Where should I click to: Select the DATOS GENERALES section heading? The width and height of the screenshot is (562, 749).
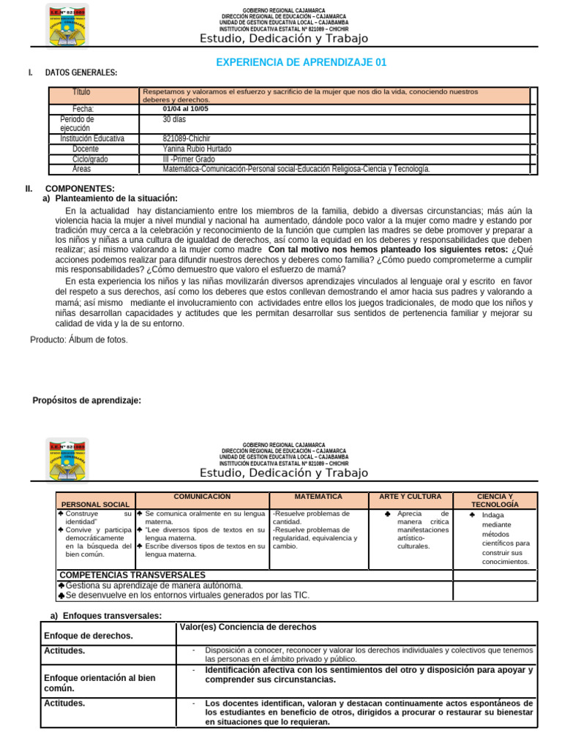click(81, 72)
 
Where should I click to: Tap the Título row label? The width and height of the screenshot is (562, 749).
click(82, 92)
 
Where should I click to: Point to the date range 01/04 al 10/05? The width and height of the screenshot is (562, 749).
click(185, 109)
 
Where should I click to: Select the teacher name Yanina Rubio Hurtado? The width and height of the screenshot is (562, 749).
click(197, 148)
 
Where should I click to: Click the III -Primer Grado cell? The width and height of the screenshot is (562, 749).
click(189, 159)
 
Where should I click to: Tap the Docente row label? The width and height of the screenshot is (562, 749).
click(86, 148)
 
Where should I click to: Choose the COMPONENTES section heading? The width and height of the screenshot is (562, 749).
click(80, 189)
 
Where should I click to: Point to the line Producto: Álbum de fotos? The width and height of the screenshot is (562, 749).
click(79, 339)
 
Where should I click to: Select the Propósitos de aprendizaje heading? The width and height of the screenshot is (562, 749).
click(87, 400)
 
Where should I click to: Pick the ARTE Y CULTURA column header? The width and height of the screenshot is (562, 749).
click(410, 497)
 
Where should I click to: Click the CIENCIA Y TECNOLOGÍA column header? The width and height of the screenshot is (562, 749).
click(495, 500)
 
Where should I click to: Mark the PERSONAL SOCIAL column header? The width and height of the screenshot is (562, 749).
click(95, 505)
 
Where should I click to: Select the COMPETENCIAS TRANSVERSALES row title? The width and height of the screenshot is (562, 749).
click(132, 575)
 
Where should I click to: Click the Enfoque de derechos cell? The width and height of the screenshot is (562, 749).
click(89, 636)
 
